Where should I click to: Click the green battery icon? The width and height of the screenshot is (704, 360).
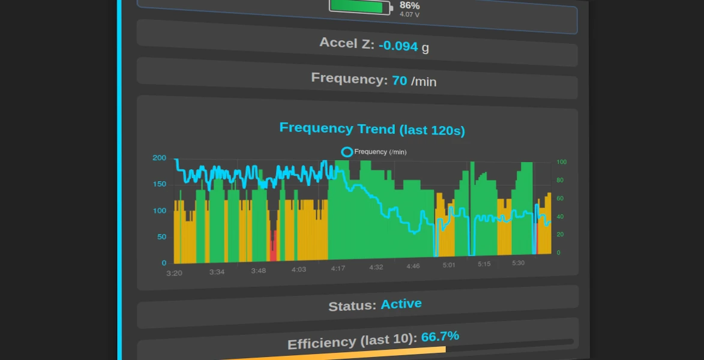coord(361,7)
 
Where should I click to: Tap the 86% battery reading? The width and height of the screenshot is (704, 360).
coord(409,6)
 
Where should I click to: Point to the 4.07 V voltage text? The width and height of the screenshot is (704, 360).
coord(409,14)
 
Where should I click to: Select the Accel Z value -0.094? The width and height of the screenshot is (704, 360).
coord(399,46)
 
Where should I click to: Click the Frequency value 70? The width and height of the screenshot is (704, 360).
coord(400,80)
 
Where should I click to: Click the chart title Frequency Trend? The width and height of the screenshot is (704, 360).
coord(372,129)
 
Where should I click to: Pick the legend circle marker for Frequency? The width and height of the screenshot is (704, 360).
coord(347,152)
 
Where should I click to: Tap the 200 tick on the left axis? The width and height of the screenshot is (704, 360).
coord(160,158)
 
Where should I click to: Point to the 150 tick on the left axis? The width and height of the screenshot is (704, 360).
coord(160,184)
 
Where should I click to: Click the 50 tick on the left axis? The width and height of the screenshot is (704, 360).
coord(161,236)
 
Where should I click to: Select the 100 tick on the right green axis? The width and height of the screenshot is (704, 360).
coord(561,162)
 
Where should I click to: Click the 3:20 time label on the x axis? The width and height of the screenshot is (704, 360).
coord(174,273)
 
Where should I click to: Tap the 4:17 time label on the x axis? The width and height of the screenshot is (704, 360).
coord(338,268)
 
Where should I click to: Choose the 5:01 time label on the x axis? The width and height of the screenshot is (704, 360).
coord(449,265)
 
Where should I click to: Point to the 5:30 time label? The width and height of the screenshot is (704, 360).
coord(518,263)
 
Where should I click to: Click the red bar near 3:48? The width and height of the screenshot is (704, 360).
coord(273,246)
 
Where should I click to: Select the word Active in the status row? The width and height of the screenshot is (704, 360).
coord(401,304)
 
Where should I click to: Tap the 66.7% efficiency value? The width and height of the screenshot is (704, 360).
coord(440,337)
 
